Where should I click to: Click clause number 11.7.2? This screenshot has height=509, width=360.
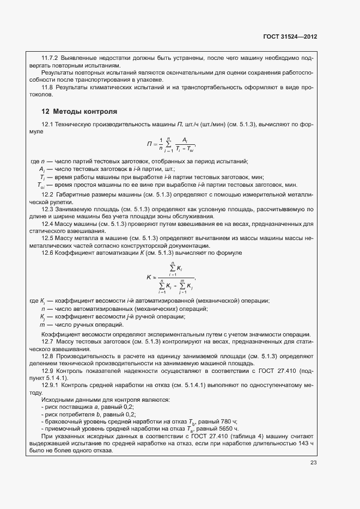tap(51, 57)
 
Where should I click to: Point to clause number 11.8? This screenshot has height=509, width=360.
tap(47, 87)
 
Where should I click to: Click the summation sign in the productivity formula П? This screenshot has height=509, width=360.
tap(169, 144)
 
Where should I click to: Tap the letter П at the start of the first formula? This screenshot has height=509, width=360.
tap(149, 144)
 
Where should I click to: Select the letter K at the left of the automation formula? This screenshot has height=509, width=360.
tap(149, 277)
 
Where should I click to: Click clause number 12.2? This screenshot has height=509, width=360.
tap(47, 194)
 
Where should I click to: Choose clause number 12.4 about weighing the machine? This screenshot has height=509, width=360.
tap(47, 224)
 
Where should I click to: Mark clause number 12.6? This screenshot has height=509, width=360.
tap(47, 253)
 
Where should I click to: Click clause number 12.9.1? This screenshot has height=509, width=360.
tap(50, 385)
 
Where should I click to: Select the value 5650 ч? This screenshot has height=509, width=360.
tap(229, 429)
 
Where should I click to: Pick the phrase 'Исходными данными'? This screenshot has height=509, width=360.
tap(68, 400)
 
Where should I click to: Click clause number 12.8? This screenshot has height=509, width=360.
tap(47, 355)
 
